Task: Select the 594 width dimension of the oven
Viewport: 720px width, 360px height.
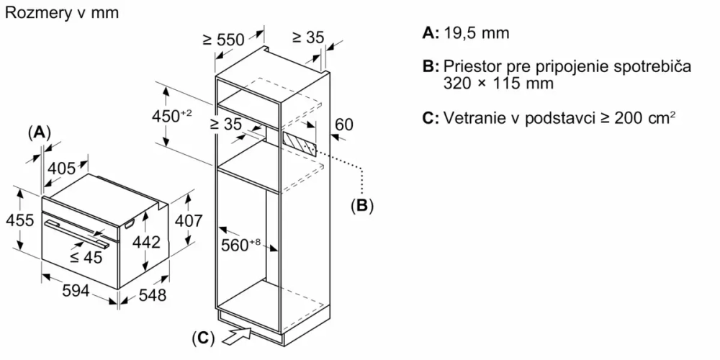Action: point(75,291)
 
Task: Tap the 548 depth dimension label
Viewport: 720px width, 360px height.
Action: point(152,294)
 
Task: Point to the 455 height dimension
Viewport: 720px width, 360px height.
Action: point(20,220)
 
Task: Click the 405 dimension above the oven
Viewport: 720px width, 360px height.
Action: point(62,168)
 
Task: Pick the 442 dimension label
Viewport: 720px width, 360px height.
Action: point(146,243)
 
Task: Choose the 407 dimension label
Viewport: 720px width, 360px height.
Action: point(189,221)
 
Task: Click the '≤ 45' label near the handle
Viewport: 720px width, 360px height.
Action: point(86,258)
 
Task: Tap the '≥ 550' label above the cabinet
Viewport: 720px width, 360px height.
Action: point(224,40)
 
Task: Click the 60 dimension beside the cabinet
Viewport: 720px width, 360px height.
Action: point(344,124)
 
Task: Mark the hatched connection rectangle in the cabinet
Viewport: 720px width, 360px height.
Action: point(299,141)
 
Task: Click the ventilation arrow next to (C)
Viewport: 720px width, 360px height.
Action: point(238,333)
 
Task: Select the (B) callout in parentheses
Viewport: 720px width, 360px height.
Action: point(362,206)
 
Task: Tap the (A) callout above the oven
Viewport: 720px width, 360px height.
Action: point(40,132)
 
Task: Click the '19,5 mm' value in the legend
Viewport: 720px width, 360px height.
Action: point(476,33)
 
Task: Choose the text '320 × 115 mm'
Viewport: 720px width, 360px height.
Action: point(499,83)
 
